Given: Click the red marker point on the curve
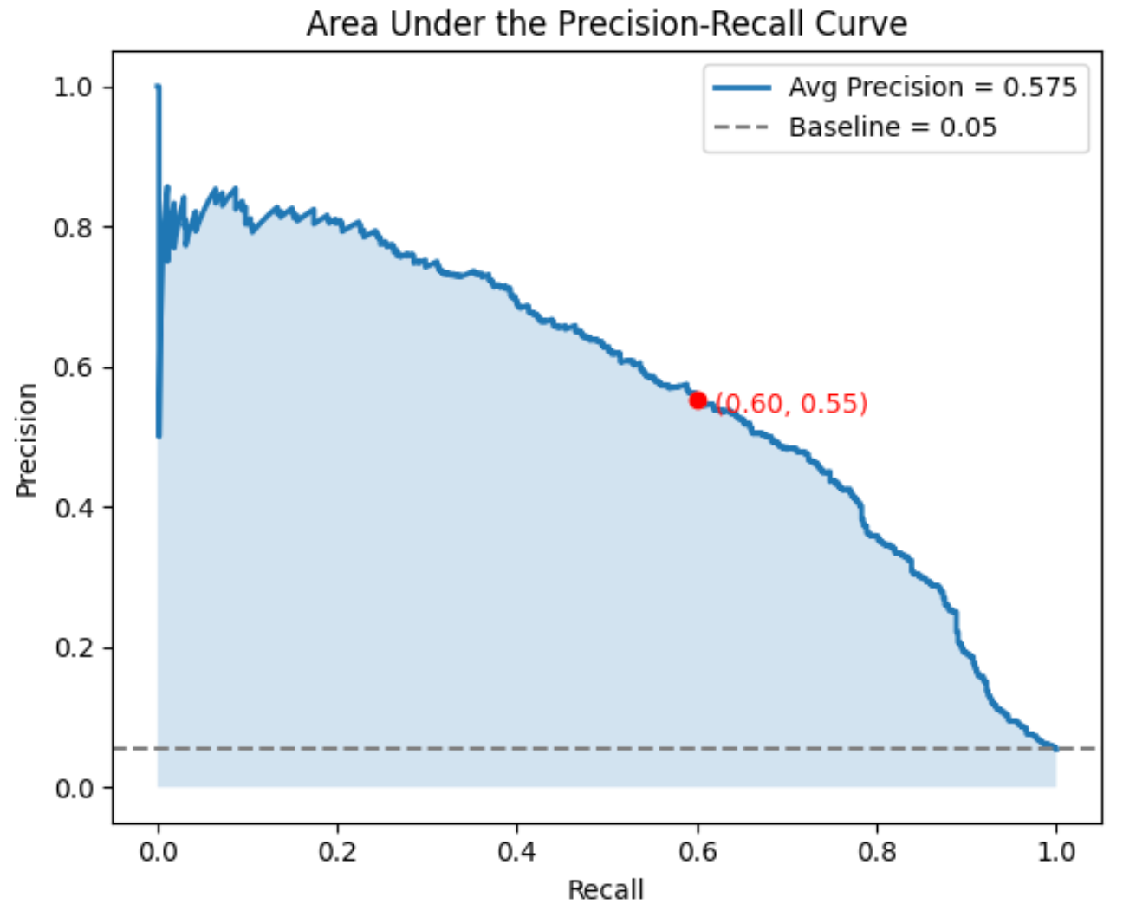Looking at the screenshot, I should coord(698,400).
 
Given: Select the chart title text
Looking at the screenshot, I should coord(607,23).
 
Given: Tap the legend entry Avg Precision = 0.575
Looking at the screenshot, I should coord(932,88).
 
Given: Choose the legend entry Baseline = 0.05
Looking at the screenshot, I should coord(893,127).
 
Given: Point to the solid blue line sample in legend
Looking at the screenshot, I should coord(742,88).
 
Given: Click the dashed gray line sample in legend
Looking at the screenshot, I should coord(742,127).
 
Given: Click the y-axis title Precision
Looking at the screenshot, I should coord(27,440).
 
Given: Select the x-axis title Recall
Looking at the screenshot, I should coord(606,890).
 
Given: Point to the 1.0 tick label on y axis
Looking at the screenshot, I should coord(72,88).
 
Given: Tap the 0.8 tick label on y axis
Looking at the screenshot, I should coord(72,228).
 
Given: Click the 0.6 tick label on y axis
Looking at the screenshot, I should coord(72,367).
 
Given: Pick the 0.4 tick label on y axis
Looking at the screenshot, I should coord(72,508).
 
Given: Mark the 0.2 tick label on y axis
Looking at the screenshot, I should coord(72,648).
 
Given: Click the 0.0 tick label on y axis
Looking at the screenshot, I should coord(72,789).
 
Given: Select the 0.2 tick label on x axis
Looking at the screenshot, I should coord(337,852).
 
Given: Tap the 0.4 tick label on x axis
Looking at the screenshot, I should coord(517,852).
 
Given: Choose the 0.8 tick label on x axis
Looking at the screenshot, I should coord(877,852).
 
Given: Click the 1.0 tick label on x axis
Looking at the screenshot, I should coord(1056,852).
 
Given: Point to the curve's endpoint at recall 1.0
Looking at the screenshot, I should coord(1055,748).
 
